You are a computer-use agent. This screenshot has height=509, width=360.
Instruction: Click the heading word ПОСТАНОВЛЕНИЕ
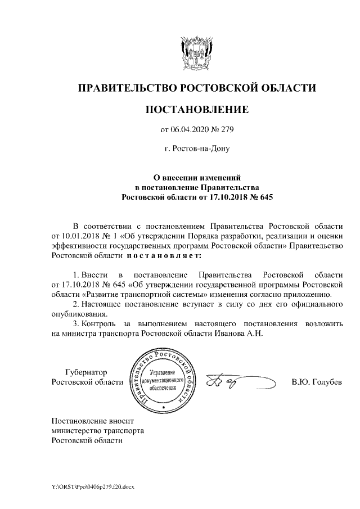pos(197,109)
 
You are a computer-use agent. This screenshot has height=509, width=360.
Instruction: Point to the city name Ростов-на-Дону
pos(197,149)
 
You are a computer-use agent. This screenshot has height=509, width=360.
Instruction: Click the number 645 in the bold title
pos(263,197)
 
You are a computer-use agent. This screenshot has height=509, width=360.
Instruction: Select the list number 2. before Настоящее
pos(77,304)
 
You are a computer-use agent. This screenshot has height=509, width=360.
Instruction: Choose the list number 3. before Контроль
pos(77,324)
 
